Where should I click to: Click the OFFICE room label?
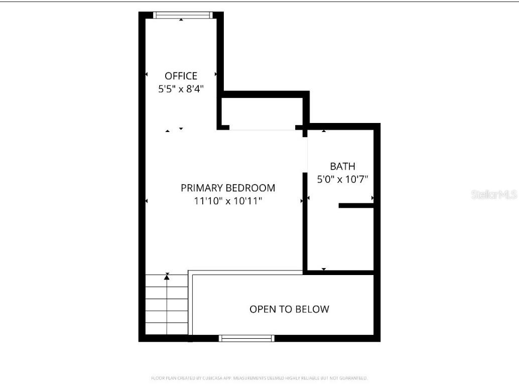pyautogui.click(x=181, y=76)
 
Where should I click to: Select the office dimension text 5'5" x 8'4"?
pyautogui.click(x=181, y=89)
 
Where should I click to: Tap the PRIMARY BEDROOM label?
pyautogui.click(x=228, y=188)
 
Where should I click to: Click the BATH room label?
pyautogui.click(x=342, y=166)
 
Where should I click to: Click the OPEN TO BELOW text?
pyautogui.click(x=289, y=309)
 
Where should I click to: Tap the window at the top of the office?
pyautogui.click(x=182, y=15)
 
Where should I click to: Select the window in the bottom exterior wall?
pyautogui.click(x=246, y=338)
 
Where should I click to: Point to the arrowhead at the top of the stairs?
pyautogui.click(x=167, y=276)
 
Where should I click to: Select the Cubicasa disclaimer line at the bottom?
pyautogui.click(x=259, y=378)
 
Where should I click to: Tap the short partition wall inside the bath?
pyautogui.click(x=356, y=205)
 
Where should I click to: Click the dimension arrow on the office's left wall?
pyautogui.click(x=147, y=74)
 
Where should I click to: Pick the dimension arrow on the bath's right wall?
pyautogui.click(x=372, y=198)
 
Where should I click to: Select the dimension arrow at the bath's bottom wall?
pyautogui.click(x=324, y=270)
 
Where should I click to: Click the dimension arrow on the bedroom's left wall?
pyautogui.click(x=147, y=201)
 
